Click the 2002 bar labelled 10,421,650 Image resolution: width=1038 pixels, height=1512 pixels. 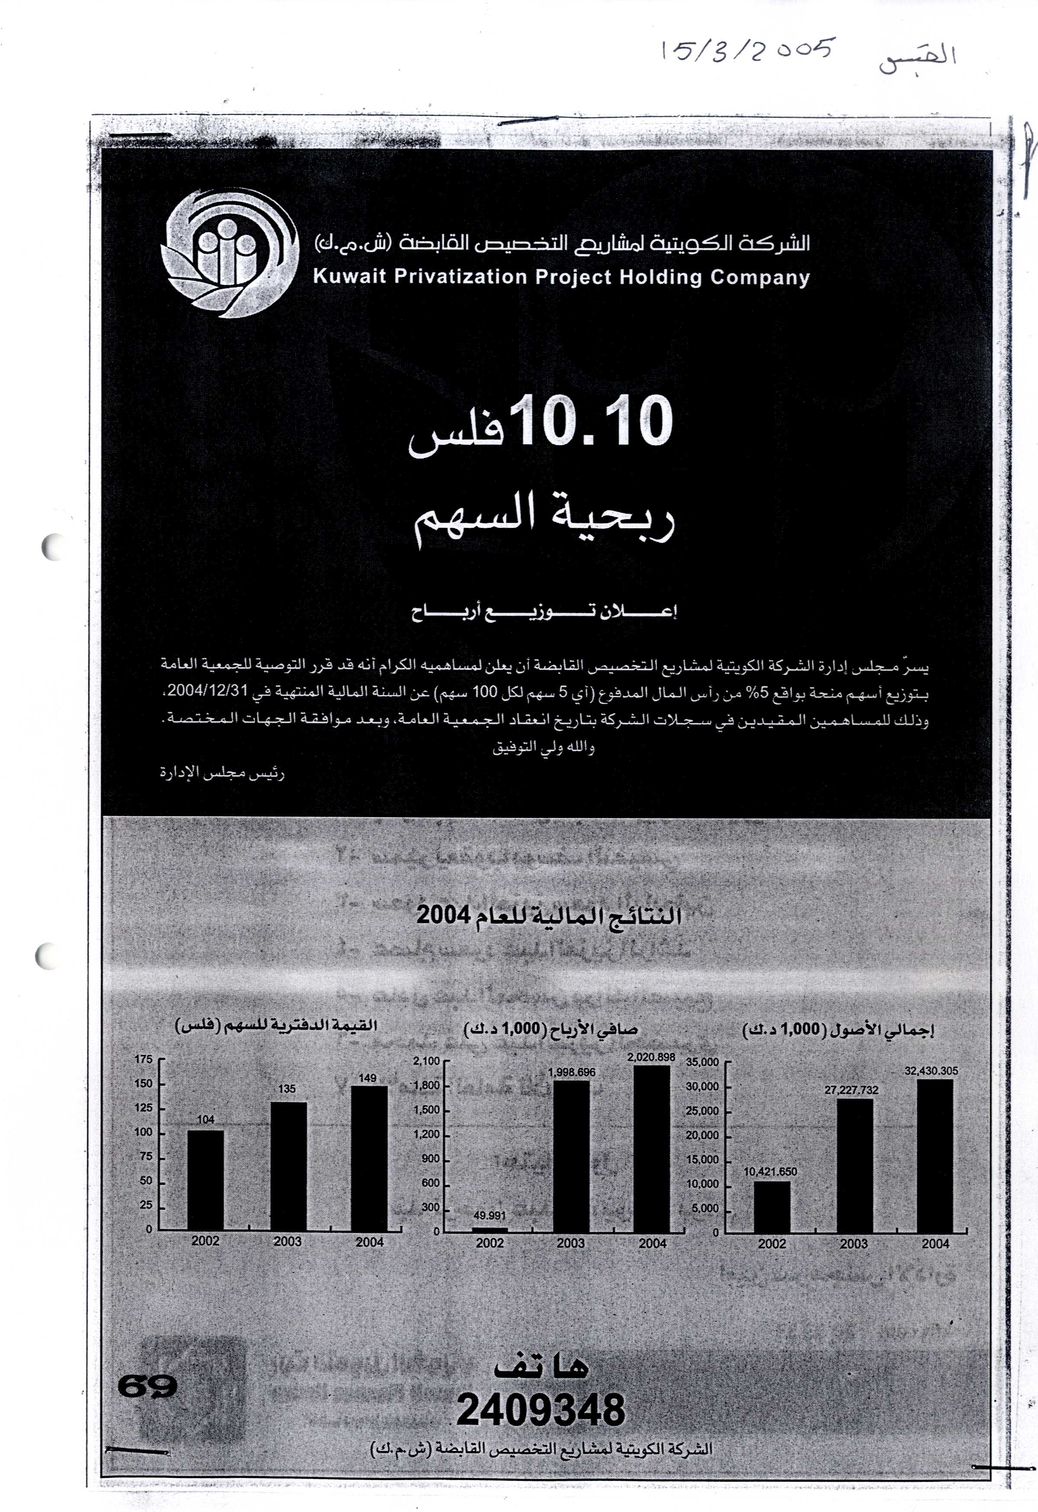pyautogui.click(x=772, y=1207)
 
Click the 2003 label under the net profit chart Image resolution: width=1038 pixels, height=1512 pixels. pyautogui.click(x=570, y=1243)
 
